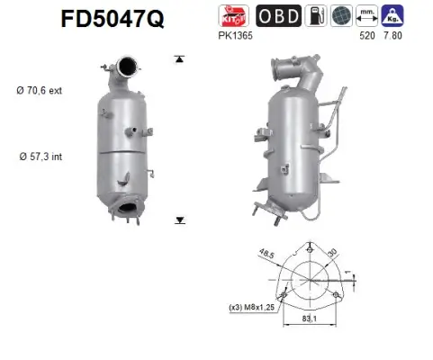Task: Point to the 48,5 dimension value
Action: coord(267,256)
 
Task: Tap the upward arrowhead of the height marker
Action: coord(180,58)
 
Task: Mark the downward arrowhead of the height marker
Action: coord(180,219)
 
